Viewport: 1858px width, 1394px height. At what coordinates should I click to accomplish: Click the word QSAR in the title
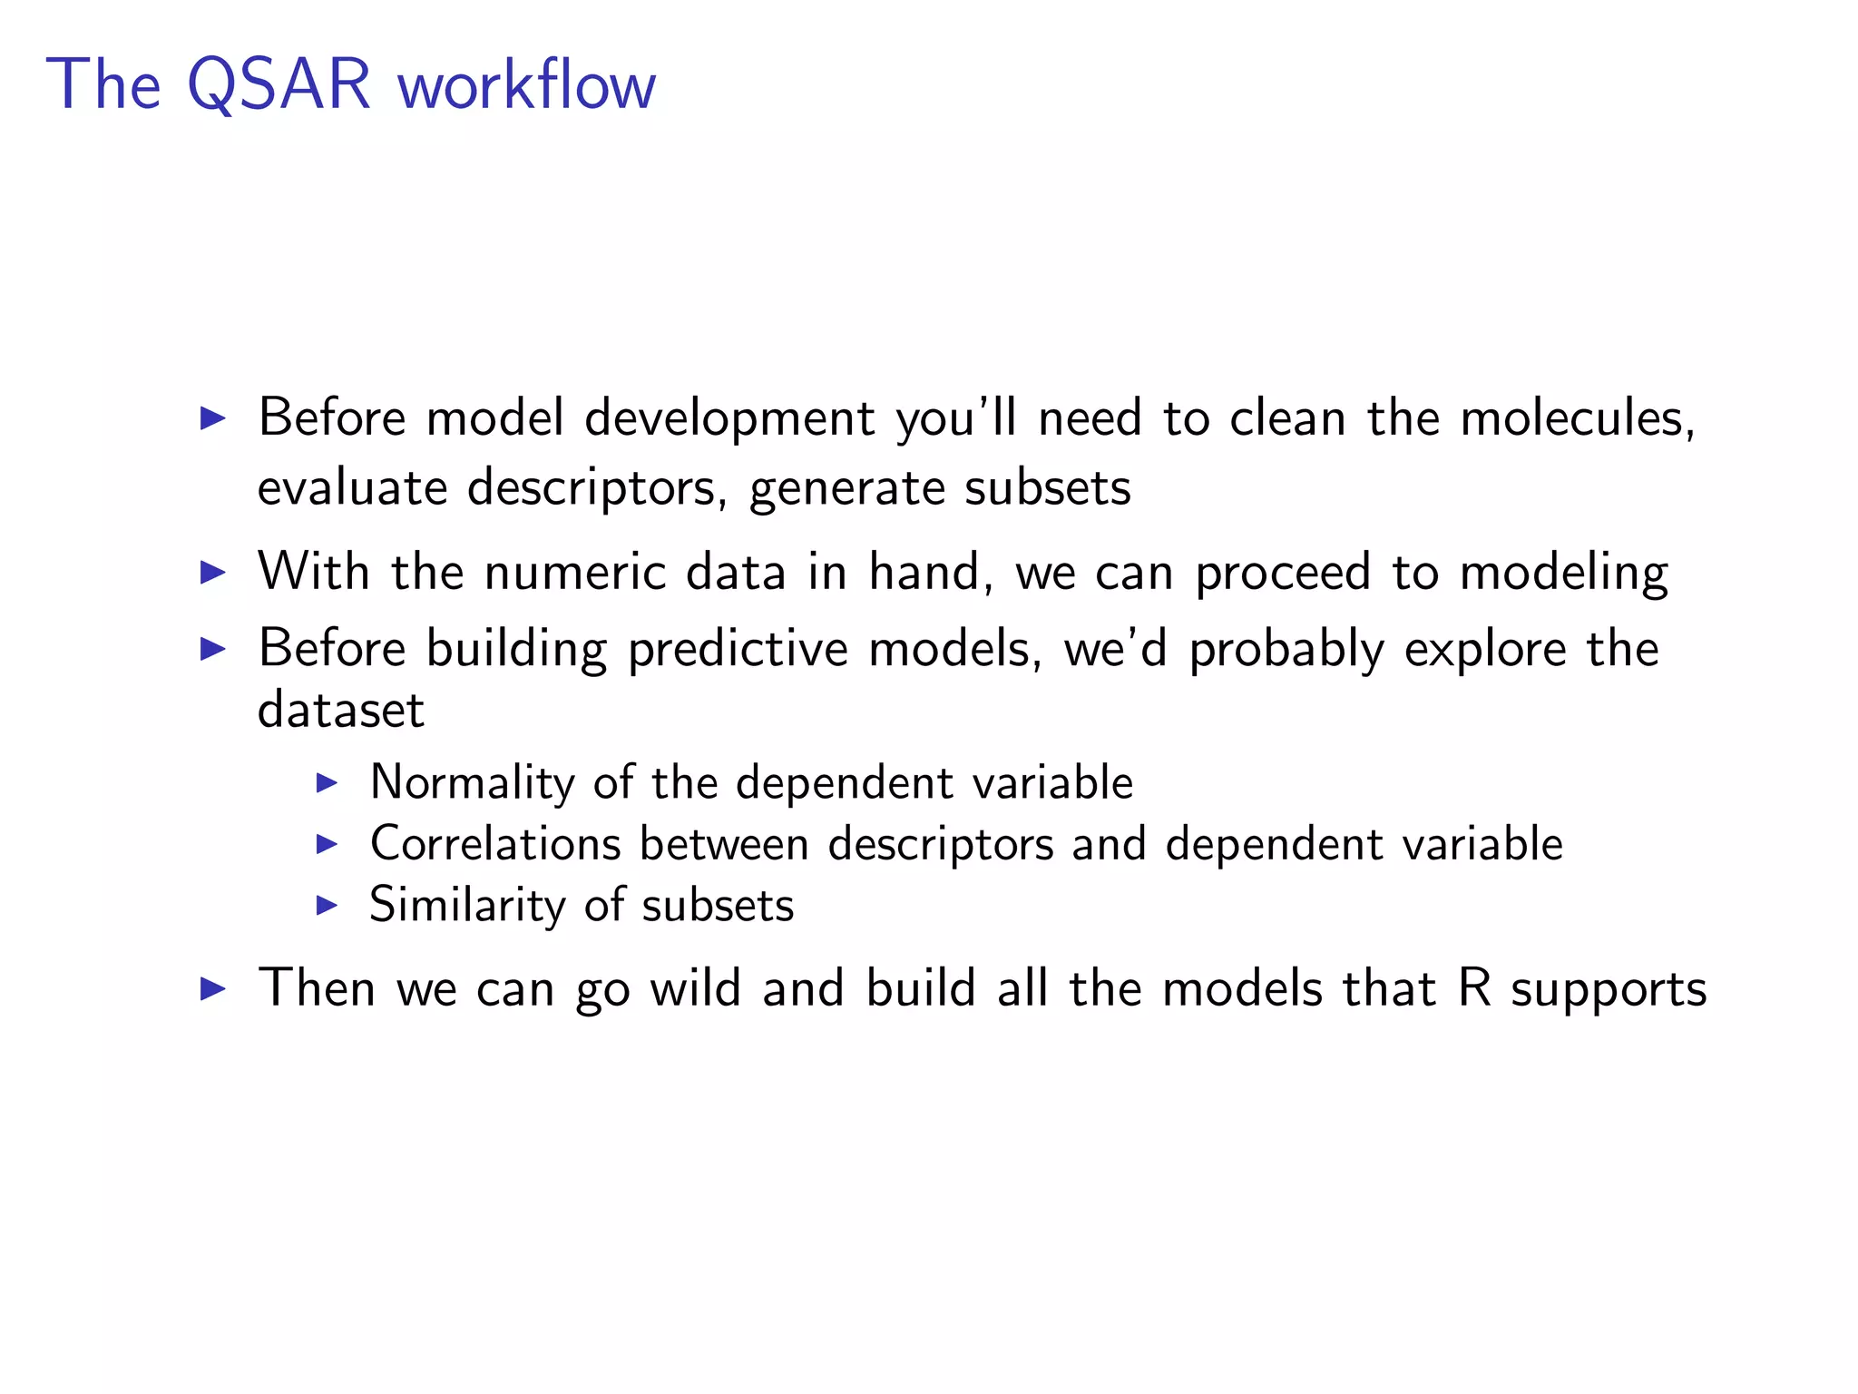click(279, 85)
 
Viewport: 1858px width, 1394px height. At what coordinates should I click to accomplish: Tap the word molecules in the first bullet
click(1577, 418)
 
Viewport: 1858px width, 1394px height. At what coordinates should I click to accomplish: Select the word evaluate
click(352, 488)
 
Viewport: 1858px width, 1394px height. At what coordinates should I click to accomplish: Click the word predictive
click(738, 650)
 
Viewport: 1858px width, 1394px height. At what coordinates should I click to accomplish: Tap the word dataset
click(340, 710)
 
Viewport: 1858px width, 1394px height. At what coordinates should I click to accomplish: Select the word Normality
click(472, 782)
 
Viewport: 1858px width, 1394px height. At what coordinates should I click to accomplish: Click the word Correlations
click(495, 844)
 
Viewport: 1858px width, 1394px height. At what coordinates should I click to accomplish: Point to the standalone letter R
click(1475, 988)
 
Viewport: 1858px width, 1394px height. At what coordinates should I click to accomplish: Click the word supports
click(1609, 991)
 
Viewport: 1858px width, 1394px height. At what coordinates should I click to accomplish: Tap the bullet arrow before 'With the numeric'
click(212, 573)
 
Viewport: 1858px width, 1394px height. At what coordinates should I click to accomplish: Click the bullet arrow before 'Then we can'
click(212, 988)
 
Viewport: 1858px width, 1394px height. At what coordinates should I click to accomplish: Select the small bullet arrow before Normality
click(327, 783)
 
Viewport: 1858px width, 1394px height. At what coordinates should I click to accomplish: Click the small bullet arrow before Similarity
click(327, 906)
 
